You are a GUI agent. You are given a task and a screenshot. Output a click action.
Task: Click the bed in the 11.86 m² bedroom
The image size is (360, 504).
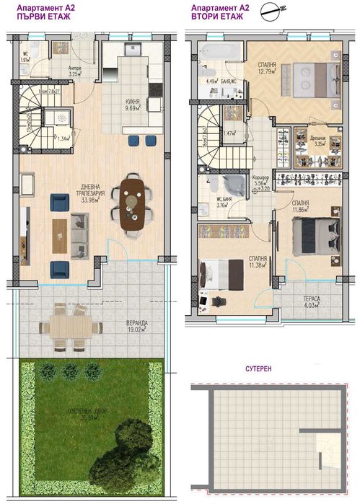315,234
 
